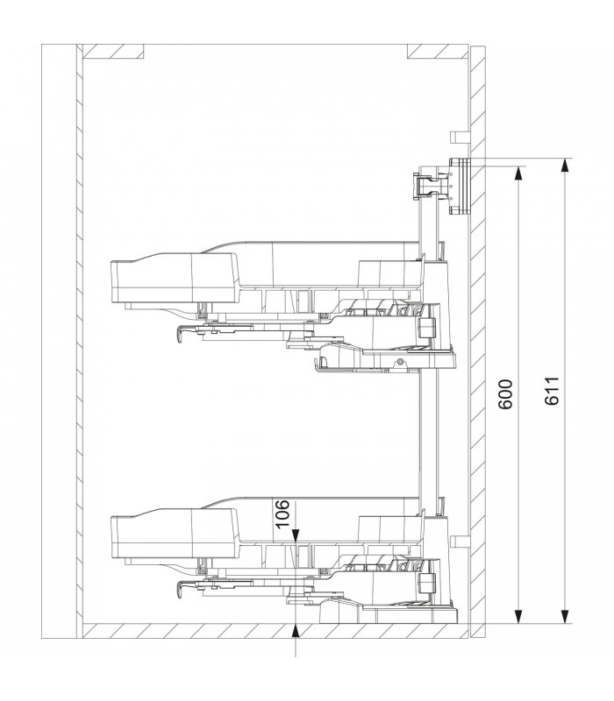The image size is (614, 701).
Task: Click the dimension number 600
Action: pos(506,394)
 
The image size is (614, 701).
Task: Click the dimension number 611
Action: pos(553,391)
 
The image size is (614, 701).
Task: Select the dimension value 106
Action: pos(282,513)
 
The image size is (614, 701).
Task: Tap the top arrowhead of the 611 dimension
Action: pos(566,165)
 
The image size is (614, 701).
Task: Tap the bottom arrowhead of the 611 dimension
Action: pos(566,617)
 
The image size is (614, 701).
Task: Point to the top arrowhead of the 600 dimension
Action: pos(518,173)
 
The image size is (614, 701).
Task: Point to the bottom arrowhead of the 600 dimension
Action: pos(518,617)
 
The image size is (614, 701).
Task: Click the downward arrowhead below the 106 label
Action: pos(296,535)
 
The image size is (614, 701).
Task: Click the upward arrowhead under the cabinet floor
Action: pos(296,630)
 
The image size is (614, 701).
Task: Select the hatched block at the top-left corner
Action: pos(114,52)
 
